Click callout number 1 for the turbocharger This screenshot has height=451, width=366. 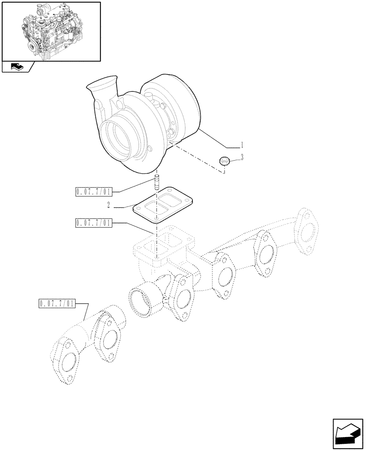pyautogui.click(x=242, y=145)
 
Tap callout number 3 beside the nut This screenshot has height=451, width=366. pyautogui.click(x=242, y=157)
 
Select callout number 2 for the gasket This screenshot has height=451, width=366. pyautogui.click(x=109, y=206)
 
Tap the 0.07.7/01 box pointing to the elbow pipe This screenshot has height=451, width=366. pyautogui.click(x=56, y=304)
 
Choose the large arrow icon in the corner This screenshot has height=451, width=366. pyautogui.click(x=348, y=433)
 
